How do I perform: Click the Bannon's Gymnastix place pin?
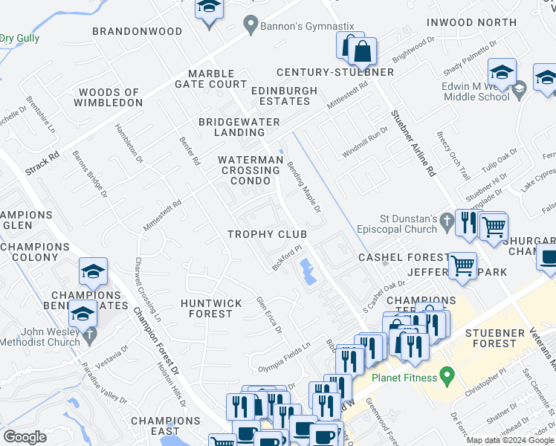(252, 25)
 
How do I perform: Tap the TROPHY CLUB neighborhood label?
(267, 234)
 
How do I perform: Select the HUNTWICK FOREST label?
(211, 308)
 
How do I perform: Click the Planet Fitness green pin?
(446, 376)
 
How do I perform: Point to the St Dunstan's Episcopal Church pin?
(446, 220)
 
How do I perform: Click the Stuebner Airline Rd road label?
(413, 143)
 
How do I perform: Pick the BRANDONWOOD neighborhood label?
(137, 31)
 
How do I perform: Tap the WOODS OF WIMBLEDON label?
(109, 97)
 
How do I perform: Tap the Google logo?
(25, 436)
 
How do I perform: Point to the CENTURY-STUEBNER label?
(334, 72)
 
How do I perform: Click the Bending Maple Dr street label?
(304, 187)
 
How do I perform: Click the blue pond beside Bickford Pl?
(307, 271)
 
